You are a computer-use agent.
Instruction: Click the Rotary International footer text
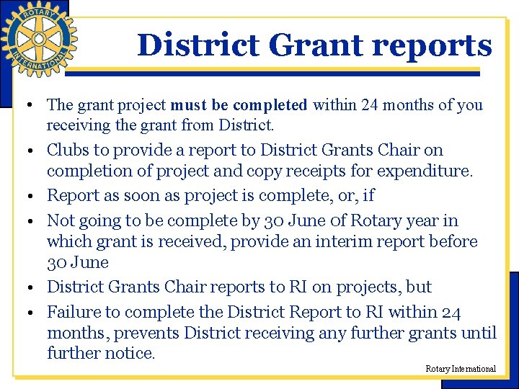click(461, 369)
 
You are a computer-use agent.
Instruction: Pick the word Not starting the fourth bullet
click(61, 220)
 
